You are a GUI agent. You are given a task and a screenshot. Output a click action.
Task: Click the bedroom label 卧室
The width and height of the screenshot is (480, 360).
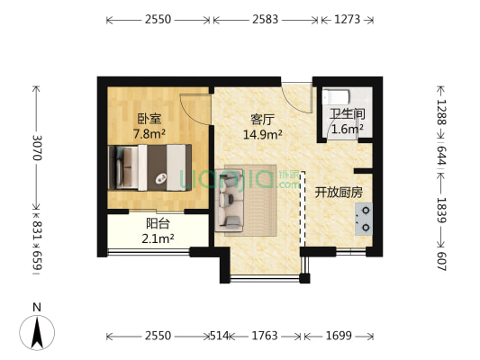tap(149, 118)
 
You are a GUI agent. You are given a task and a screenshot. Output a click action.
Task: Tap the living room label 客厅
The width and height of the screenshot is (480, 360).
tap(262, 118)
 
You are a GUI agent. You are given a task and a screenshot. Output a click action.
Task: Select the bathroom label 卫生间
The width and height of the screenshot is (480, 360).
tap(347, 113)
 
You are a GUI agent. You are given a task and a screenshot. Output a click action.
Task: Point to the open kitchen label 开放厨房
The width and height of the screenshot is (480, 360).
tap(339, 192)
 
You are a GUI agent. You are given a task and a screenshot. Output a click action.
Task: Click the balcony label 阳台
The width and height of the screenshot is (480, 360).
tap(158, 224)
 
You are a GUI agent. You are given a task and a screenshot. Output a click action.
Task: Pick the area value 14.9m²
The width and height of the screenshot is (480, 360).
tap(262, 135)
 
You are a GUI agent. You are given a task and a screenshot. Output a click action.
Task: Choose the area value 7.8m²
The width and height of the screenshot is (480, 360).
tap(149, 134)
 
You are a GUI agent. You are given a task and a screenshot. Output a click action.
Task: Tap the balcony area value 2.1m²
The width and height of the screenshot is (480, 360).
tap(158, 238)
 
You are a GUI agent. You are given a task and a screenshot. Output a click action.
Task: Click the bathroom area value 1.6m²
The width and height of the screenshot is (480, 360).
tap(347, 130)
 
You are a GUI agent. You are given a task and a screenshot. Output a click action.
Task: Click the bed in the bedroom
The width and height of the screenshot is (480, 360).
tap(149, 167)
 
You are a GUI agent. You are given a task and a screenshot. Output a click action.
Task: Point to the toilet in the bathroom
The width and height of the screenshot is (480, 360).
tap(335, 96)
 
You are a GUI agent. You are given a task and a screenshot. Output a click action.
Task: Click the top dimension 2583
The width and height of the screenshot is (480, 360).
tap(264, 18)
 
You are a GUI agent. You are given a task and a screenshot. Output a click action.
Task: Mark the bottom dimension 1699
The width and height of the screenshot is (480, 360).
tap(340, 337)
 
